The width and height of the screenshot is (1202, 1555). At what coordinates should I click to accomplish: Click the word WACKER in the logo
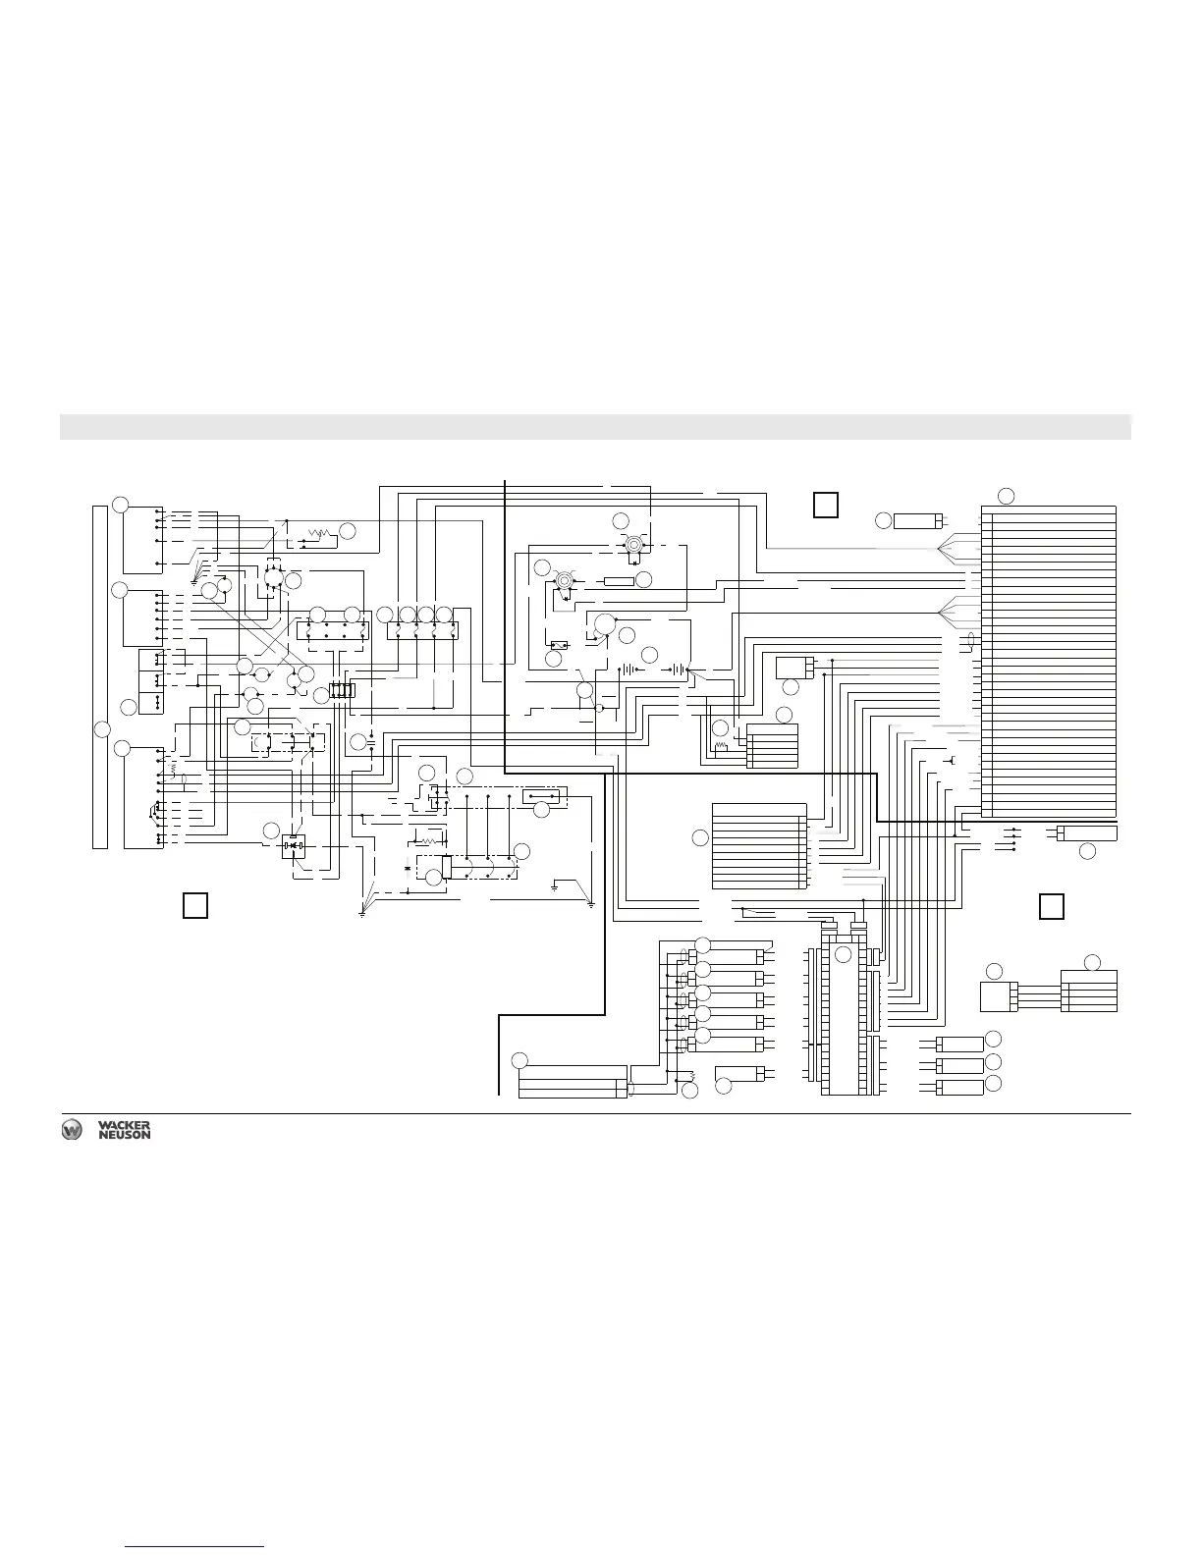point(124,1125)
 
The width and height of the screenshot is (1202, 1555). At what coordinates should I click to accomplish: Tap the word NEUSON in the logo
point(124,1135)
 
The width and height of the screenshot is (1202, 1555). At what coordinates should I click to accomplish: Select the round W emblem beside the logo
point(72,1130)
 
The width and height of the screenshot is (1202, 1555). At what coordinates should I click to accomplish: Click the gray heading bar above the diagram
point(595,427)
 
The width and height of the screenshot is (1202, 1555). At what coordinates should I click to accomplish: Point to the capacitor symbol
point(371,743)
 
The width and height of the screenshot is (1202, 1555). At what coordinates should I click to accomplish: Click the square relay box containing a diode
point(294,845)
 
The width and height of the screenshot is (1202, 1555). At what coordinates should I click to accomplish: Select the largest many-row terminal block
point(1049,661)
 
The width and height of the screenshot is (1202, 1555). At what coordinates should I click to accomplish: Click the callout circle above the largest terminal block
point(1006,495)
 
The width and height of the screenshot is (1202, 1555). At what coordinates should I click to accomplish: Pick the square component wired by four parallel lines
point(996,996)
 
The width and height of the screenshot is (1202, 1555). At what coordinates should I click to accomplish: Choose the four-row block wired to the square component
point(1089,991)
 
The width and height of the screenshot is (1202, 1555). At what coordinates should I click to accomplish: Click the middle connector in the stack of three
point(959,1065)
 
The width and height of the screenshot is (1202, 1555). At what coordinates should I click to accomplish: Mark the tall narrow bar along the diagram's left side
point(99,676)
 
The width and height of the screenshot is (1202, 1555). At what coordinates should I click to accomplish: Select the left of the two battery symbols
point(625,671)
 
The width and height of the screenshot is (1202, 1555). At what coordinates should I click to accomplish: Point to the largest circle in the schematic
point(605,623)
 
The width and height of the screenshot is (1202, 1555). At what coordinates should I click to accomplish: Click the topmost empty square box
point(826,504)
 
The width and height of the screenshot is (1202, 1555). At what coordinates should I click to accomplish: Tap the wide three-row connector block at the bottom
point(572,1081)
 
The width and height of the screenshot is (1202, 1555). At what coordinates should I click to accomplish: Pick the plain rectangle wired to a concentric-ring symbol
point(619,581)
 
